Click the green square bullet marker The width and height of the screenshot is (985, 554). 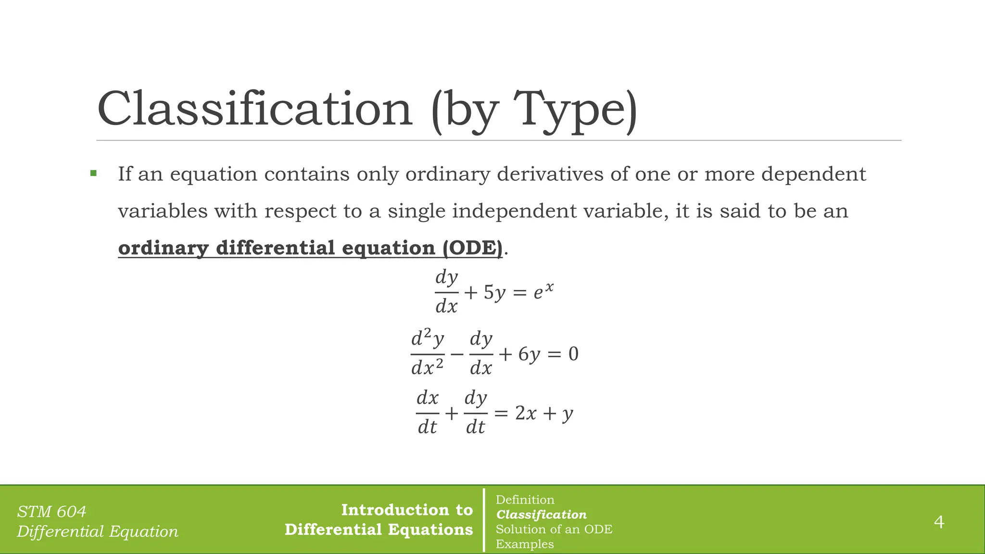pyautogui.click(x=93, y=173)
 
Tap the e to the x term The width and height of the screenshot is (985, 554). pyautogui.click(x=543, y=291)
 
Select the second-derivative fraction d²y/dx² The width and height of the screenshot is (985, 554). pyautogui.click(x=427, y=353)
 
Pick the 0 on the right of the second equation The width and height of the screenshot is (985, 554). pyautogui.click(x=573, y=354)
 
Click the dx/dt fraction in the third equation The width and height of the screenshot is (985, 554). pyautogui.click(x=427, y=413)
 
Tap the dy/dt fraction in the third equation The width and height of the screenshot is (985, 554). pyautogui.click(x=475, y=413)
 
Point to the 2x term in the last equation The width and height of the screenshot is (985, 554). pyautogui.click(x=525, y=413)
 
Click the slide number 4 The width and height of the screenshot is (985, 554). pyautogui.click(x=939, y=522)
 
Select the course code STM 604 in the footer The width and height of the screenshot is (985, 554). pyautogui.click(x=51, y=511)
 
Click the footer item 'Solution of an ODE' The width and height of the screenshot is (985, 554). pyautogui.click(x=554, y=529)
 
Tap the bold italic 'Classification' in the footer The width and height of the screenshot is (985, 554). pyautogui.click(x=541, y=515)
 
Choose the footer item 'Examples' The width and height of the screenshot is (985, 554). pyautogui.click(x=525, y=544)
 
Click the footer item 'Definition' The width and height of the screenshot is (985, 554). pyautogui.click(x=525, y=500)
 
